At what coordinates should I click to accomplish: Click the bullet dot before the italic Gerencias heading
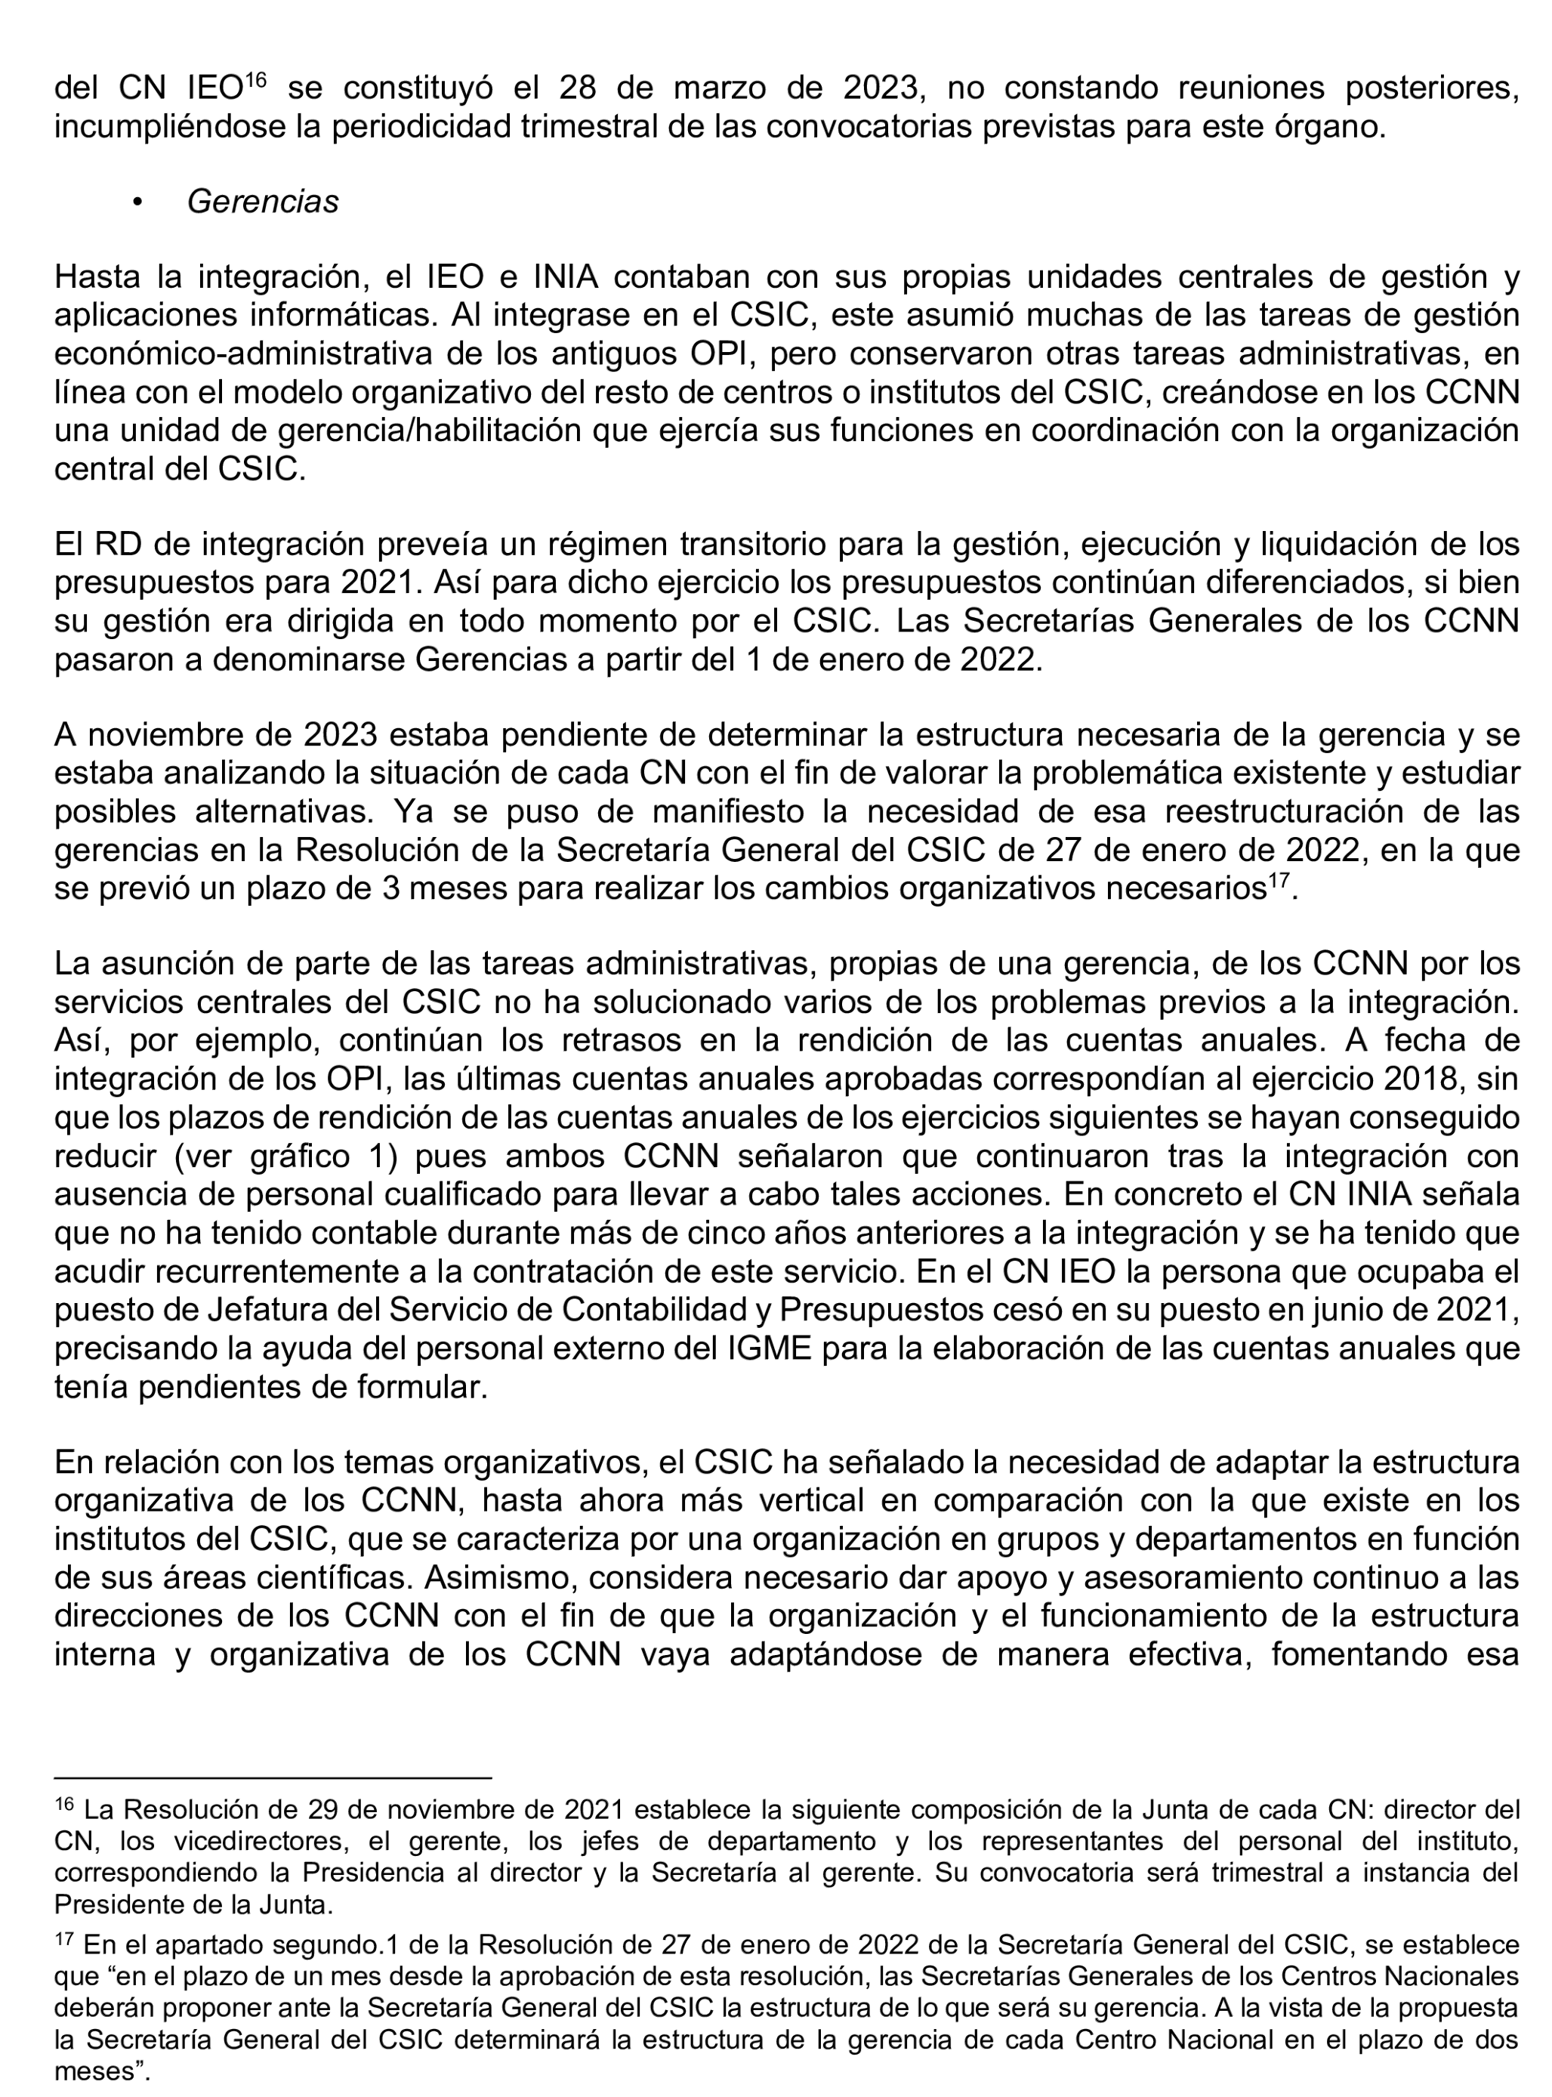pyautogui.click(x=138, y=203)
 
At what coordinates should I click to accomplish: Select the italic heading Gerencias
pyautogui.click(x=263, y=202)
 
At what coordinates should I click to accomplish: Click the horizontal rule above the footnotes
pyautogui.click(x=273, y=1777)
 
